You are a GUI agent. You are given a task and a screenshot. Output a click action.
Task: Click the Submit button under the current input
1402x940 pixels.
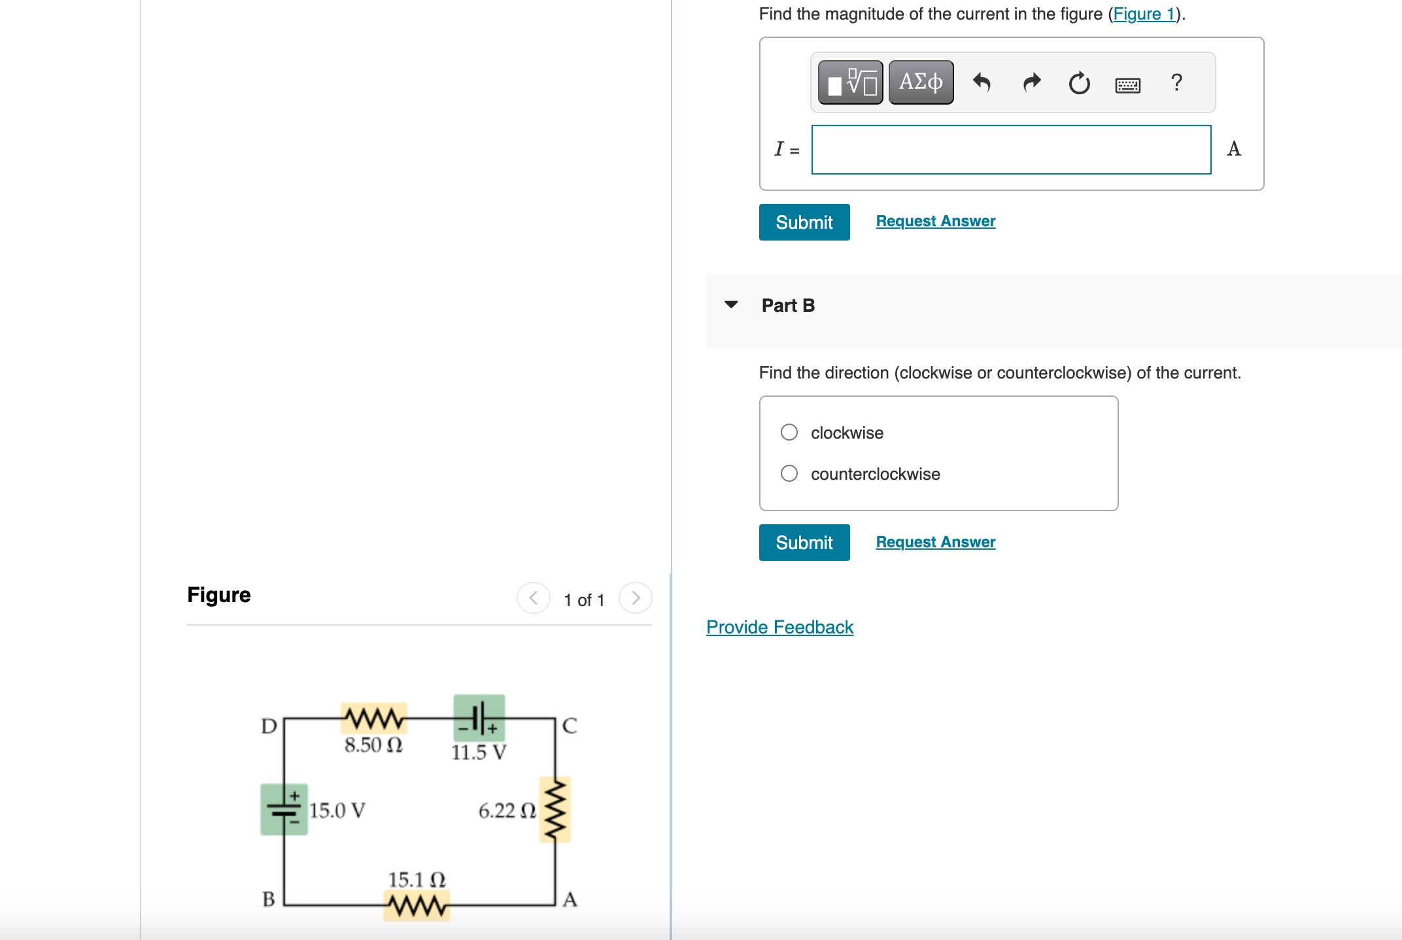pyautogui.click(x=804, y=222)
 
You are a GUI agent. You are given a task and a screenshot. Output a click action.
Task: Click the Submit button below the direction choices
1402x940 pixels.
pyautogui.click(x=804, y=543)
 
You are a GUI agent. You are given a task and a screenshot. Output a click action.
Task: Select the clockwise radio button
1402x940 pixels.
pyautogui.click(x=789, y=432)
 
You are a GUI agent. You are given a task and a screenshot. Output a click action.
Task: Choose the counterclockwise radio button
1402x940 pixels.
pyautogui.click(x=789, y=473)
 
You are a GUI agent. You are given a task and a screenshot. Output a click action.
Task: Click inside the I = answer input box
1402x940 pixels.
pyautogui.click(x=1010, y=150)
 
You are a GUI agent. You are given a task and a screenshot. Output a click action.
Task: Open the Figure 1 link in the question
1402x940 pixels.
pyautogui.click(x=1144, y=14)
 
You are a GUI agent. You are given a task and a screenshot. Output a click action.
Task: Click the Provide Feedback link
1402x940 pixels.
pyautogui.click(x=779, y=627)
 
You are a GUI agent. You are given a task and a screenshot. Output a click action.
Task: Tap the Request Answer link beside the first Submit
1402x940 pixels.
pyautogui.click(x=935, y=221)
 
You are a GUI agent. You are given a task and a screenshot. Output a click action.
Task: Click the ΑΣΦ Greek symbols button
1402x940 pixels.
pyautogui.click(x=921, y=82)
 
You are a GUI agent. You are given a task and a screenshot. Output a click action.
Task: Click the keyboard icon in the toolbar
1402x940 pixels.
pyautogui.click(x=1127, y=84)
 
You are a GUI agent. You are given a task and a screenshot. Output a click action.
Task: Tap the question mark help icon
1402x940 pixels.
pyautogui.click(x=1176, y=82)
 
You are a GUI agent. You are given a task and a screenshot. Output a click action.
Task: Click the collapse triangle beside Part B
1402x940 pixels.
pyautogui.click(x=731, y=305)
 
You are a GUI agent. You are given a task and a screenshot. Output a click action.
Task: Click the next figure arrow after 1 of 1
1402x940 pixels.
pyautogui.click(x=635, y=598)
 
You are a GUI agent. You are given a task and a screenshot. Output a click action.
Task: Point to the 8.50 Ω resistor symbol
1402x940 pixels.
pyautogui.click(x=373, y=718)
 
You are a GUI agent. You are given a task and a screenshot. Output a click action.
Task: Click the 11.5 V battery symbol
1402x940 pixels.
pyautogui.click(x=479, y=718)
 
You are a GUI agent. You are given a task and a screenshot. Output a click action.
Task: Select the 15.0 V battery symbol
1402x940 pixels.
pyautogui.click(x=284, y=809)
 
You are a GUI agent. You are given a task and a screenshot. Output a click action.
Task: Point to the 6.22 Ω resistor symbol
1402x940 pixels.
pyautogui.click(x=555, y=809)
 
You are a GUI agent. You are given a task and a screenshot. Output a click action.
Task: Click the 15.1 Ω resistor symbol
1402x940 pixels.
pyautogui.click(x=417, y=905)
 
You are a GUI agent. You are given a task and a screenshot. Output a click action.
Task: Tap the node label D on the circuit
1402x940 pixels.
pyautogui.click(x=269, y=726)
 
